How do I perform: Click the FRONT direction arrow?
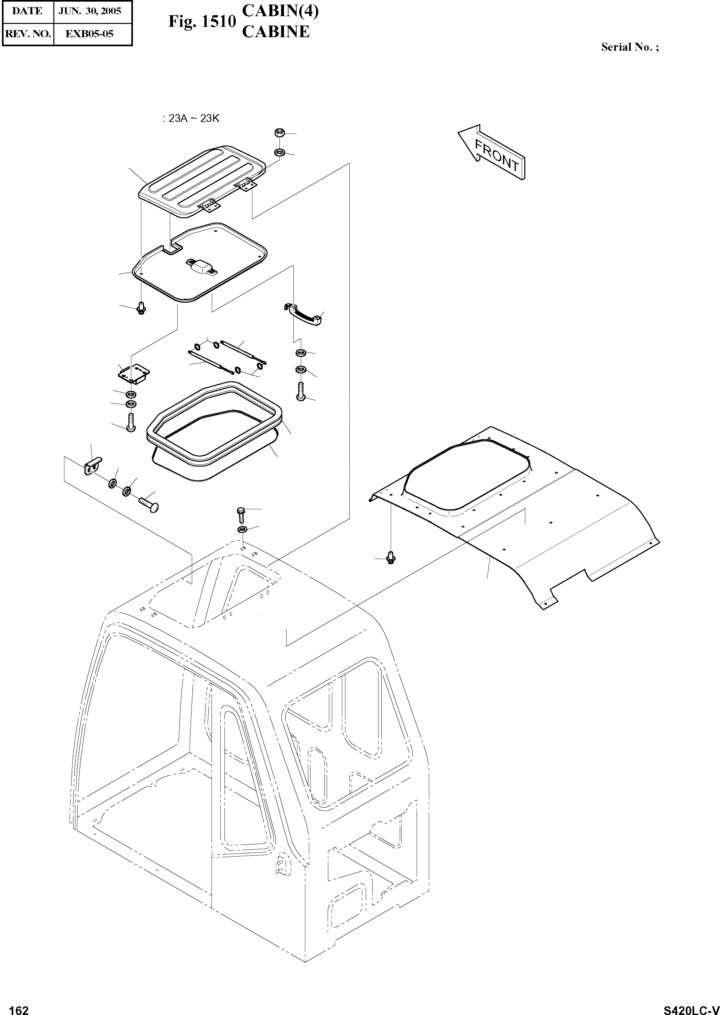click(x=492, y=151)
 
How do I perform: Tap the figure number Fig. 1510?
click(x=202, y=21)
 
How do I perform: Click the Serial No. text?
click(x=629, y=47)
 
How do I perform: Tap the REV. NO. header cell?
click(x=27, y=34)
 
